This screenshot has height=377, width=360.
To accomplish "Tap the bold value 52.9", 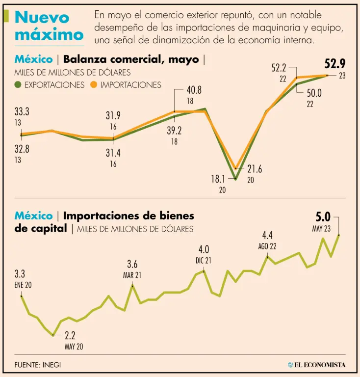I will [x=335, y=64].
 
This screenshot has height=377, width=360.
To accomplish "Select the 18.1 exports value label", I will [x=219, y=179].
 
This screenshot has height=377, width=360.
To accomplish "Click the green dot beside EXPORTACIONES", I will [x=18, y=85].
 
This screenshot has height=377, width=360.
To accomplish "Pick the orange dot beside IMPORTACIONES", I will [x=95, y=85].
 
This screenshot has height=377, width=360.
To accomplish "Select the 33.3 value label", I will [x=22, y=112].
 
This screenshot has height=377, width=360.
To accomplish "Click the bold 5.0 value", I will [x=324, y=217].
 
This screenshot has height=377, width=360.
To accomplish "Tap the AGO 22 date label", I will [x=268, y=246].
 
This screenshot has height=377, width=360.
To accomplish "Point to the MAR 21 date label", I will [x=132, y=275].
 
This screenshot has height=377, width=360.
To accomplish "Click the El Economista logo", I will [x=317, y=365].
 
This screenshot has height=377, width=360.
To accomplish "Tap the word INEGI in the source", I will [x=51, y=365].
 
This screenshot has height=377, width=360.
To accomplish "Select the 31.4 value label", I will [x=113, y=153].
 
